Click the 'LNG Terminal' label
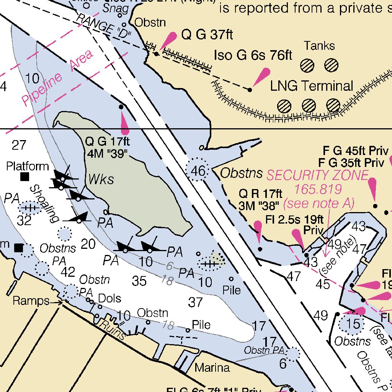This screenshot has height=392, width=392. coord(311,86)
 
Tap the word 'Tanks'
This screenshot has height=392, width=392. coord(319,46)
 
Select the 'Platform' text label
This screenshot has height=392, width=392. coord(28,166)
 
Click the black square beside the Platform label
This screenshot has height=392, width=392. coord(25,176)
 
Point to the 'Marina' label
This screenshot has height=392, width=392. coord(212,368)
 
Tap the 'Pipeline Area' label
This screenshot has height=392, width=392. coord(57,78)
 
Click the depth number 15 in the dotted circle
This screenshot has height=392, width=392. coord(353,324)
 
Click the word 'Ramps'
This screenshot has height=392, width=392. coord(31,301)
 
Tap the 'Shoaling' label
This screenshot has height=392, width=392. coord(44,203)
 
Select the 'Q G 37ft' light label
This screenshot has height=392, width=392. coord(207,35)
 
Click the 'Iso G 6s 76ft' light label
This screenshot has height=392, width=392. coord(253,55)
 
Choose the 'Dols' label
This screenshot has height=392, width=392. coord(109,298)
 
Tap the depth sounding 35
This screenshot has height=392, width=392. coord(139,281)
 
